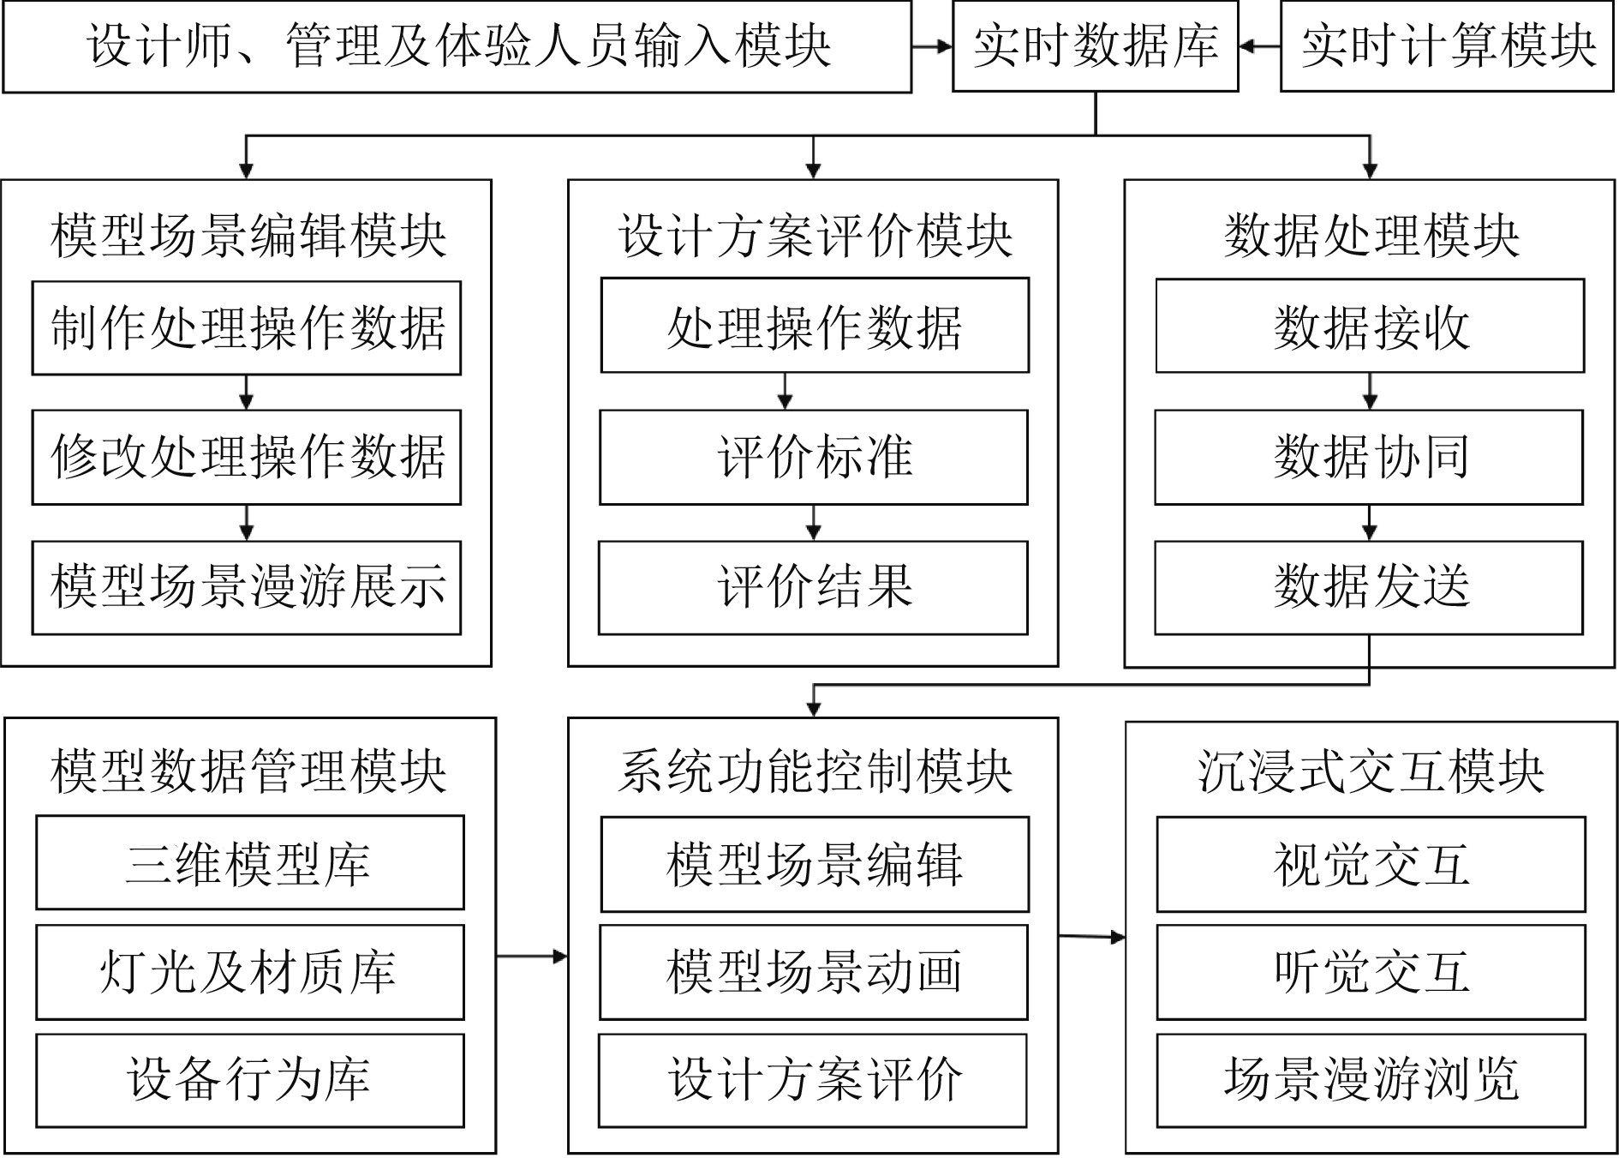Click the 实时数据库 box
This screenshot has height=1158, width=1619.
[x=1095, y=46]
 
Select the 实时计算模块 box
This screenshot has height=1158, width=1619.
[x=1447, y=46]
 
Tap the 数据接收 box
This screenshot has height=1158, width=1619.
[x=1370, y=327]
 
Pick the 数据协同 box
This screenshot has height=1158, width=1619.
[x=1369, y=457]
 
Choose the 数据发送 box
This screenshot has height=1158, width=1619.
[x=1369, y=587]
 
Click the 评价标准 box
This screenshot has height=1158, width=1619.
[x=813, y=457]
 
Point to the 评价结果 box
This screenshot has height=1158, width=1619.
[x=813, y=587]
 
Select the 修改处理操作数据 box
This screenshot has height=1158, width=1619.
[x=247, y=457]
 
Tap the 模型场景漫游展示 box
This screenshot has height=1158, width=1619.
[x=247, y=587]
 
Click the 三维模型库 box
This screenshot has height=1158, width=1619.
[x=250, y=862]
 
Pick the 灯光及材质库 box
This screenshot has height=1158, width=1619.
[x=250, y=971]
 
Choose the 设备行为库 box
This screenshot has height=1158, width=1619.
[x=250, y=1080]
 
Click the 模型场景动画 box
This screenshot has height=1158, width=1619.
[x=813, y=971]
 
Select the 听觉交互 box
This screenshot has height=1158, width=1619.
[x=1371, y=971]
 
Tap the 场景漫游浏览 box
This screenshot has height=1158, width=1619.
[x=1371, y=1080]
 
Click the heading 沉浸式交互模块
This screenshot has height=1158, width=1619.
[x=1371, y=771]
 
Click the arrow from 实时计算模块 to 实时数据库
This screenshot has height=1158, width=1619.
[x=1259, y=46]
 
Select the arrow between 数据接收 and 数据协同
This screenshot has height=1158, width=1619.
[x=1369, y=392]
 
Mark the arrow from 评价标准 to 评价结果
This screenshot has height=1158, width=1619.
[x=813, y=522]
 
